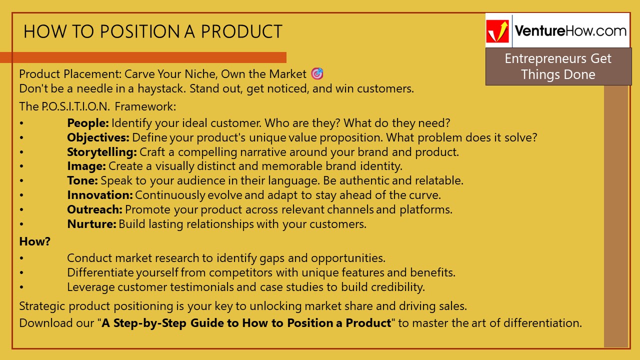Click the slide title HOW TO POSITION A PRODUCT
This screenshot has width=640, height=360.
point(152,32)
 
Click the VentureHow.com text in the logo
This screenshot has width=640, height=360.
point(570,30)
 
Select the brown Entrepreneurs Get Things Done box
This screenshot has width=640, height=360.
point(558,66)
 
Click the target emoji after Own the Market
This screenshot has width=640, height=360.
point(317,74)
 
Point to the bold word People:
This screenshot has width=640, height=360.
point(88,123)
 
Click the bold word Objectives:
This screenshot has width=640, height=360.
point(98,137)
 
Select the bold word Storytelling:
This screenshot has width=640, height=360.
point(102,152)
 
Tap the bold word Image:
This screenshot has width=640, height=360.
point(86,166)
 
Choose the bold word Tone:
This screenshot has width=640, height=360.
point(83,181)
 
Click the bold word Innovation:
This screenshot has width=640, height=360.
point(100,195)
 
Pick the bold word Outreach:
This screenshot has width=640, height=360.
point(95,209)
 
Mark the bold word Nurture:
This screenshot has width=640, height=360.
point(91,224)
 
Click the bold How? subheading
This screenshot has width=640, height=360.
point(35,241)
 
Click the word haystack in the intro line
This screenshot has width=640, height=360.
point(160,89)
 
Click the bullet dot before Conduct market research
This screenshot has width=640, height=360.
point(21,259)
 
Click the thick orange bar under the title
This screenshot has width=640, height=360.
point(143,57)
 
